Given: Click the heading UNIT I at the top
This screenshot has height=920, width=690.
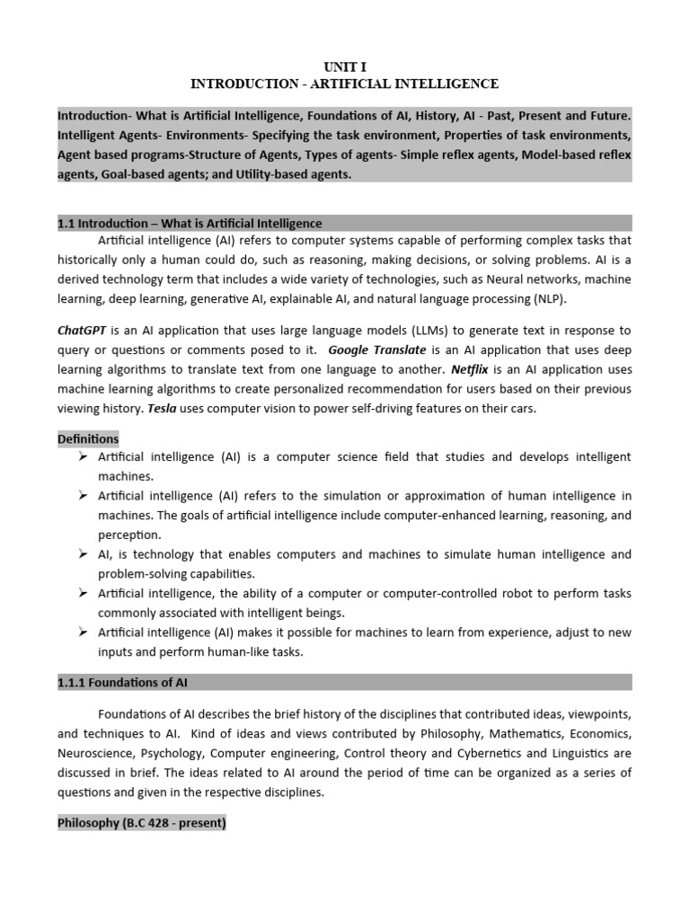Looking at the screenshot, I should click(345, 66).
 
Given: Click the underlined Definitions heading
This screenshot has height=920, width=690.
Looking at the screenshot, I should click(88, 438).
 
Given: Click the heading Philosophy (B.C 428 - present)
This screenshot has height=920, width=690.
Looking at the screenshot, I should click(141, 822).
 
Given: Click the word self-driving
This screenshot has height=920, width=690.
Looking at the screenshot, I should click(384, 409).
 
